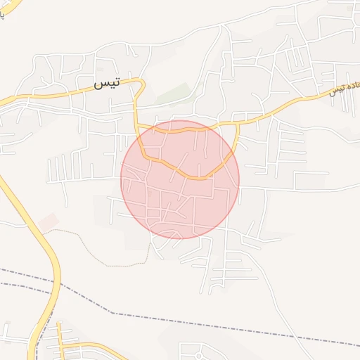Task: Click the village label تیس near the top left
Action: [107, 83]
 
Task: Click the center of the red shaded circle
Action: [180, 179]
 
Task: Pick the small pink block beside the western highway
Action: [48, 223]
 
